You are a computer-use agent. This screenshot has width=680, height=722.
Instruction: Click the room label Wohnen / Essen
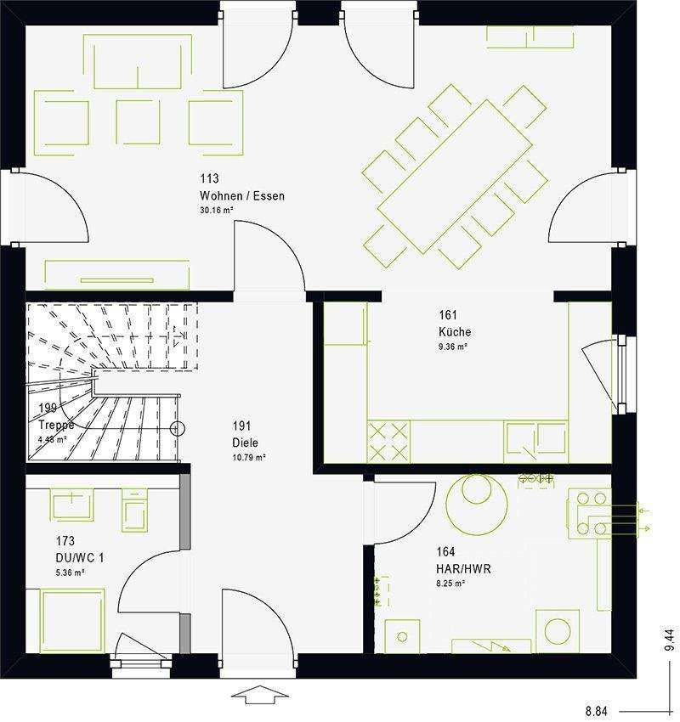pyautogui.click(x=242, y=196)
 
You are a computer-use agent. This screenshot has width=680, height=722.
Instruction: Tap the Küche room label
pyautogui.click(x=455, y=332)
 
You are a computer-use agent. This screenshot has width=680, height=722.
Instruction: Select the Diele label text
pyautogui.click(x=245, y=443)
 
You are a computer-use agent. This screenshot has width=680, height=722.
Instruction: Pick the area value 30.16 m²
pyautogui.click(x=217, y=210)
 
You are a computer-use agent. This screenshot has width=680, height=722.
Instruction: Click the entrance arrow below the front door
pyautogui.click(x=258, y=694)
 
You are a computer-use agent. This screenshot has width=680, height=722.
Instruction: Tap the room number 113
pyautogui.click(x=209, y=179)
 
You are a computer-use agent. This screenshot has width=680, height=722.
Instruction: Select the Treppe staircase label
pyautogui.click(x=57, y=425)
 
